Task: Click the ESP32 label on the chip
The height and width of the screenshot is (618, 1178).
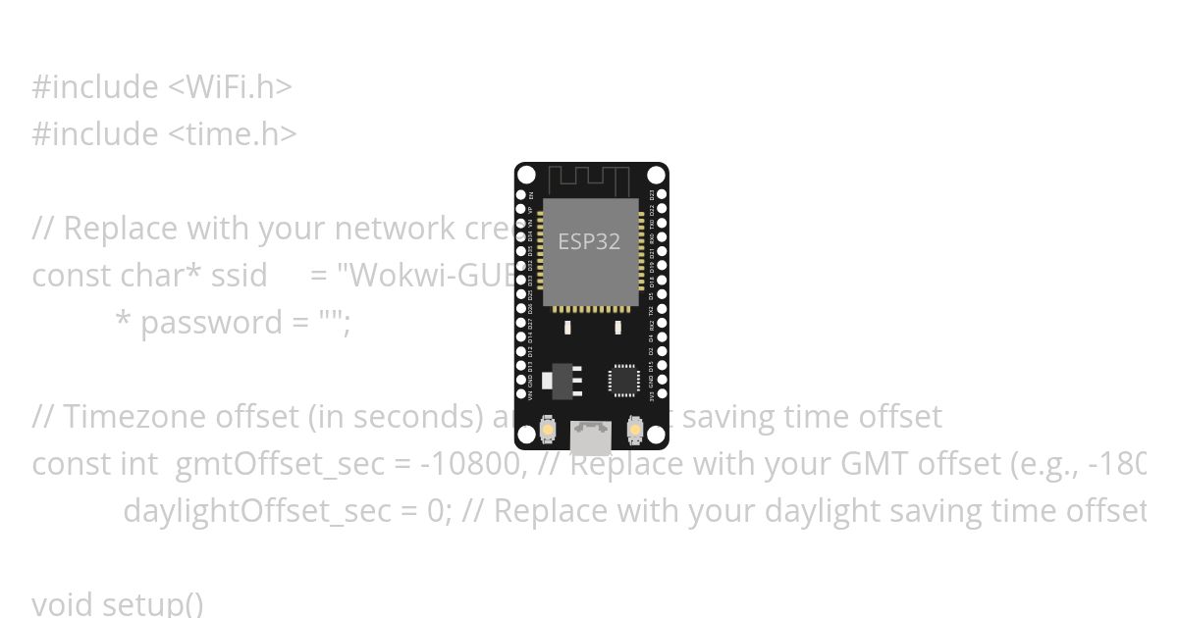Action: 589,241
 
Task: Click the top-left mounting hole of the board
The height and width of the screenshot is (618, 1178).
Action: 527,176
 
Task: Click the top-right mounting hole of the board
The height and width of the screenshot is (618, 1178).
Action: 656,176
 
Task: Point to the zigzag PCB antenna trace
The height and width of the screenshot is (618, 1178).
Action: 589,181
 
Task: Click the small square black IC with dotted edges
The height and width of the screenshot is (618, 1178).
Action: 623,381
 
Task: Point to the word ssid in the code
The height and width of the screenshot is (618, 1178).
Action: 240,276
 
